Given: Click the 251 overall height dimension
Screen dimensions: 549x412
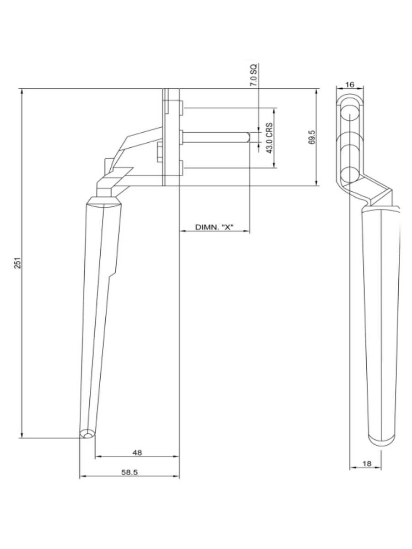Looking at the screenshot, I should pos(17,263).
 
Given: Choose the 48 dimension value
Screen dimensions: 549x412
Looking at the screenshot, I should pos(137,452).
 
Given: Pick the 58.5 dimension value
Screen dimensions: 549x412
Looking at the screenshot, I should pos(129,473).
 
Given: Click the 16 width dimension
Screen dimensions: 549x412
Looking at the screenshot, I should pos(350,85).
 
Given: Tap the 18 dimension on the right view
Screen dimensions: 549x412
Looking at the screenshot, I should pos(367,463).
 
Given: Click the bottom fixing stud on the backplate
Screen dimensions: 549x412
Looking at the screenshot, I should pos(181,167).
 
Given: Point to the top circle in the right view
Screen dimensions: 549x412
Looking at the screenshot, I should pos(350,113).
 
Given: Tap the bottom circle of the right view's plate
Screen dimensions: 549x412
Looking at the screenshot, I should pos(350,175).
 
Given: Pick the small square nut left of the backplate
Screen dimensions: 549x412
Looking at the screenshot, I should pos(159,151).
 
